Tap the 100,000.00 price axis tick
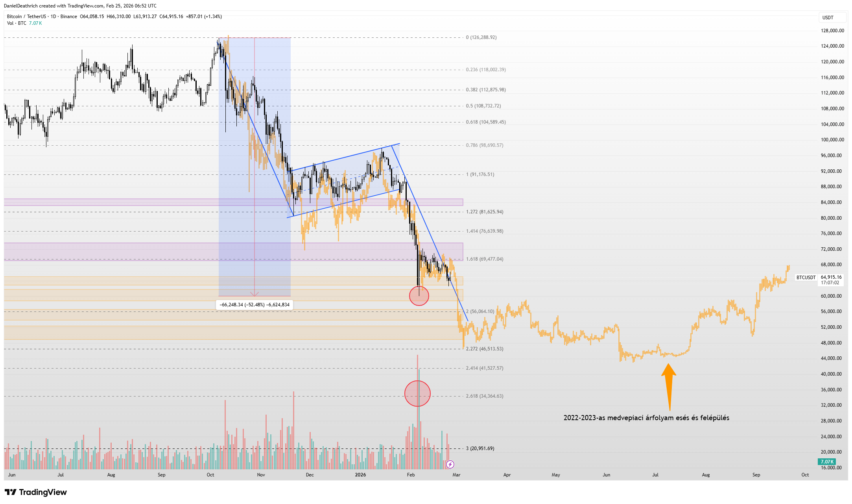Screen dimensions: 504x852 click(x=832, y=140)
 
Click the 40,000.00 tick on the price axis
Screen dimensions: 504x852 click(x=832, y=374)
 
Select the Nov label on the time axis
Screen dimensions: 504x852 click(x=261, y=475)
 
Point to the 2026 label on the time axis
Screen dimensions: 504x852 click(x=360, y=475)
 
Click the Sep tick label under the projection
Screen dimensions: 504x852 click(x=756, y=475)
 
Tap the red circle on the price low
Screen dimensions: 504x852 click(x=419, y=296)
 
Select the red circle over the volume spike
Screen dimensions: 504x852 click(x=417, y=393)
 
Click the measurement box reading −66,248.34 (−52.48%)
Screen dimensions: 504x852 click(x=254, y=305)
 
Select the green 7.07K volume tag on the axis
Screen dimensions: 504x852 click(x=827, y=461)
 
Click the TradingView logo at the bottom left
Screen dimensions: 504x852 click(x=36, y=492)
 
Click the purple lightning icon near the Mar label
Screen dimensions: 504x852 click(x=450, y=465)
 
